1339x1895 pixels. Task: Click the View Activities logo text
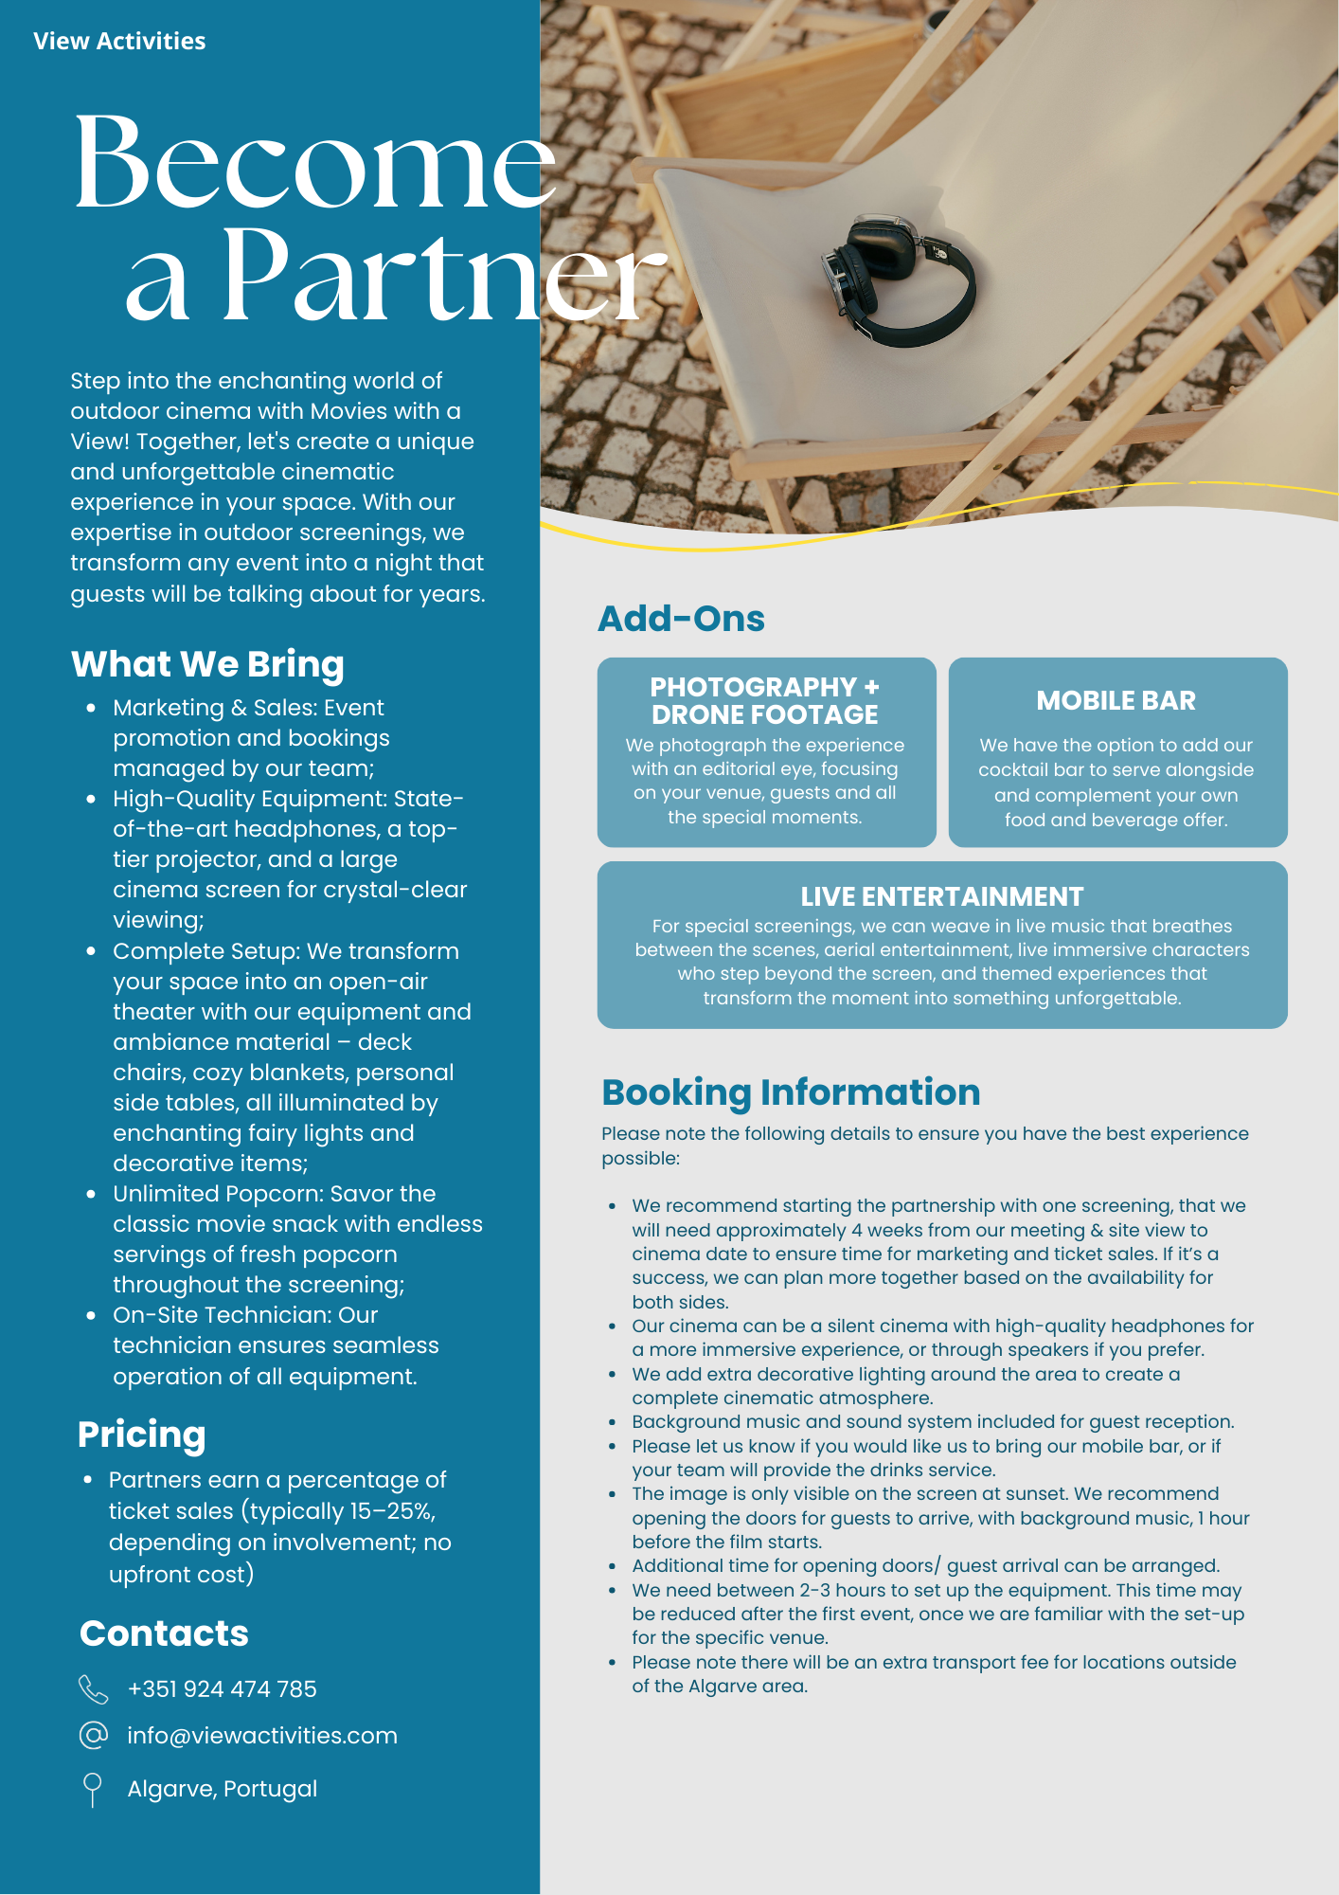pyautogui.click(x=119, y=41)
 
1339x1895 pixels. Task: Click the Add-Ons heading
pyautogui.click(x=681, y=619)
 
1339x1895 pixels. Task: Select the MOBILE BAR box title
pyautogui.click(x=1116, y=700)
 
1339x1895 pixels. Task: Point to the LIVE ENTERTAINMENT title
pyautogui.click(x=941, y=896)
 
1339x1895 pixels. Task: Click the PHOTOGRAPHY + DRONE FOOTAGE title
pyautogui.click(x=764, y=700)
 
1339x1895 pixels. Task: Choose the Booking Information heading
pyautogui.click(x=791, y=1092)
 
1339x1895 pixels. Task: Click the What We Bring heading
pyautogui.click(x=207, y=664)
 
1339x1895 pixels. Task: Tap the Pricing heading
pyautogui.click(x=141, y=1435)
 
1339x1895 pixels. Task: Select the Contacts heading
pyautogui.click(x=164, y=1633)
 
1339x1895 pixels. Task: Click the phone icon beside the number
pyautogui.click(x=93, y=1688)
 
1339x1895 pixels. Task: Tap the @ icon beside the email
pyautogui.click(x=93, y=1735)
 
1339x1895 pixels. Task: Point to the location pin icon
pyautogui.click(x=92, y=1789)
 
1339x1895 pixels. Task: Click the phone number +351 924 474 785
pyautogui.click(x=222, y=1688)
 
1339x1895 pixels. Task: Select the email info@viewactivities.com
pyautogui.click(x=262, y=1735)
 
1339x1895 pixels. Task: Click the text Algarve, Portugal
pyautogui.click(x=223, y=1789)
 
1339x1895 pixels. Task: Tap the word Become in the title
pyautogui.click(x=313, y=164)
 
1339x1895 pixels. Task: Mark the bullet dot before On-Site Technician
pyautogui.click(x=91, y=1315)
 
